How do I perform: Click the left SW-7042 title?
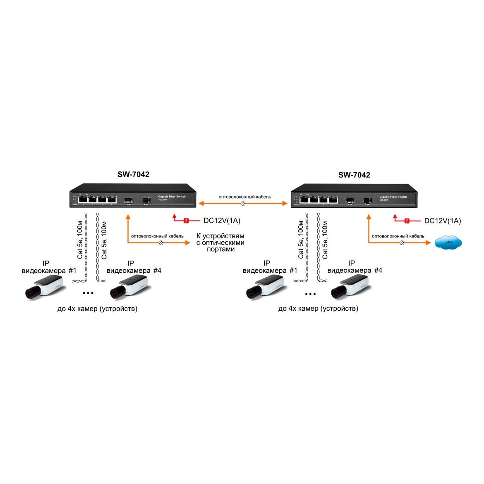133,175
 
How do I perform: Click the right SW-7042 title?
354,175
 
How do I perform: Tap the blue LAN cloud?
448,243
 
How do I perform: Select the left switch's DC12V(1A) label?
222,220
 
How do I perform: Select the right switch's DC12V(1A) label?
443,221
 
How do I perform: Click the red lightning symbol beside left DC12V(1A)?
187,220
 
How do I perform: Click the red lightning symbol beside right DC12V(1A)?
407,221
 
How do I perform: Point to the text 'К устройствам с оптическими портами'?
220,242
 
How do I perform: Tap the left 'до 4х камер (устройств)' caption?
97,309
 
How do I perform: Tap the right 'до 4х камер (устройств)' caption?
318,309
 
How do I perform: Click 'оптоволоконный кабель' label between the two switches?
245,196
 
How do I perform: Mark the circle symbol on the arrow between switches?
243,203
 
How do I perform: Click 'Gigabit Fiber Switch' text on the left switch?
172,196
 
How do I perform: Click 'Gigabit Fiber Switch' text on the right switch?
393,196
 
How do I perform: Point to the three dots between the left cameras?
88,293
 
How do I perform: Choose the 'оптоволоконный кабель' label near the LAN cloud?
398,236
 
